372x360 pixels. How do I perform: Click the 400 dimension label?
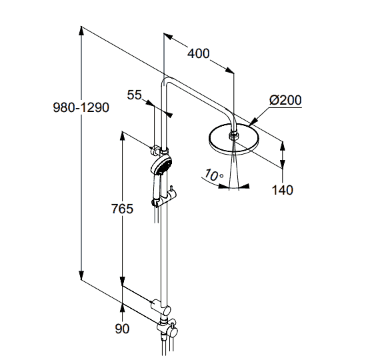[199, 53]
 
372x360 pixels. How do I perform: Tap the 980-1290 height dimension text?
[81, 107]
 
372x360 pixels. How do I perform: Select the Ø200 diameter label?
[285, 100]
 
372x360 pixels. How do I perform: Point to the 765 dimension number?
[122, 209]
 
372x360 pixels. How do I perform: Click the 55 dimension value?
[134, 95]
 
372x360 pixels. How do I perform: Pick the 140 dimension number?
[282, 190]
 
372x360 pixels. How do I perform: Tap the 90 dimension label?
[122, 329]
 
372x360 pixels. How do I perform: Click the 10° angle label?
[213, 175]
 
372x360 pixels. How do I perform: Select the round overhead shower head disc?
[234, 139]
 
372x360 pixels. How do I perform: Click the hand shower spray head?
[161, 165]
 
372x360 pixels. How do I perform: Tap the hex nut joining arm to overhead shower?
[234, 136]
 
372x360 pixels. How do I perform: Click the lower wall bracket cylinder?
[161, 307]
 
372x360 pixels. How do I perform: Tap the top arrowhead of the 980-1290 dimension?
[81, 31]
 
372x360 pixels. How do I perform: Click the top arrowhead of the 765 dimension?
[122, 135]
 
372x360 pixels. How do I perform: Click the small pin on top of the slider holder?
[171, 189]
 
